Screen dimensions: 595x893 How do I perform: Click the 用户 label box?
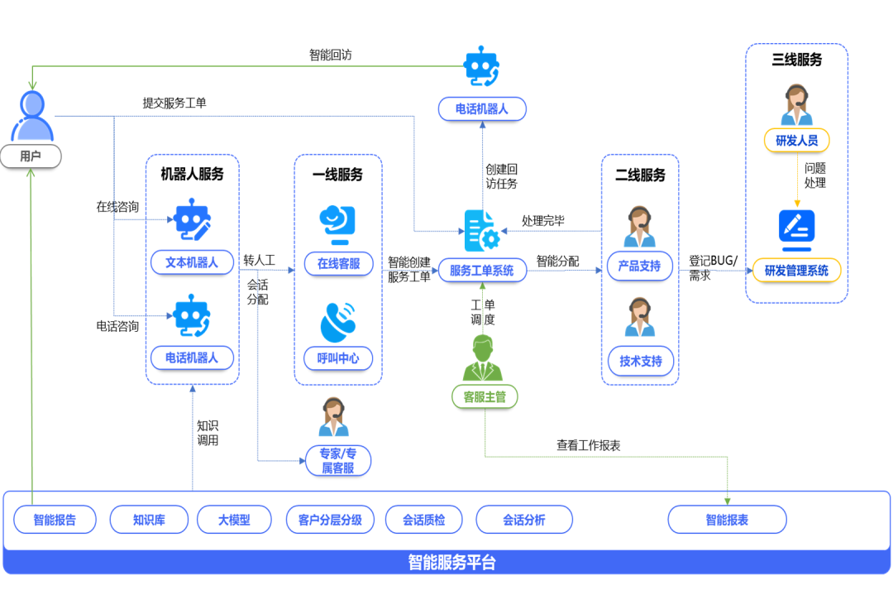point(31,156)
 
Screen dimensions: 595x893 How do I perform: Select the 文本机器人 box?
point(192,262)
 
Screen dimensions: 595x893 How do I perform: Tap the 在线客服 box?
point(338,264)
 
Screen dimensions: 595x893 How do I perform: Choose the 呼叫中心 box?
point(338,358)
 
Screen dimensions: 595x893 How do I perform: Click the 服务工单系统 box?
point(482,270)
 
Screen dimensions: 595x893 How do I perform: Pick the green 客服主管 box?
point(485,396)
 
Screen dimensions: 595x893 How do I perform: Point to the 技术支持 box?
point(640,361)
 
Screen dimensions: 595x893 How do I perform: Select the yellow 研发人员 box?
point(796,141)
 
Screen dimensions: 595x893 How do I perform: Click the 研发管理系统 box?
point(796,270)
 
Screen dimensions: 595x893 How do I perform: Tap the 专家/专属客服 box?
point(337,460)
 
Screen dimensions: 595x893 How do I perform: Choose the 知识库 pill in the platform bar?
point(149,520)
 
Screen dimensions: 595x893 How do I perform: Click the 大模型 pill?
point(234,520)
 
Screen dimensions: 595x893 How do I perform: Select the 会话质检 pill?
point(423,520)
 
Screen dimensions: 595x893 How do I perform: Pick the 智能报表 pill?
point(727,520)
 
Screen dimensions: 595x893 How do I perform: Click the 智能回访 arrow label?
point(331,55)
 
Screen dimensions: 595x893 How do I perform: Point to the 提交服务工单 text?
point(174,103)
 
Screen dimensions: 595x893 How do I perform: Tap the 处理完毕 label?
point(543,221)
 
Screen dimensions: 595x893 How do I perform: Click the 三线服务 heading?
point(796,60)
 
